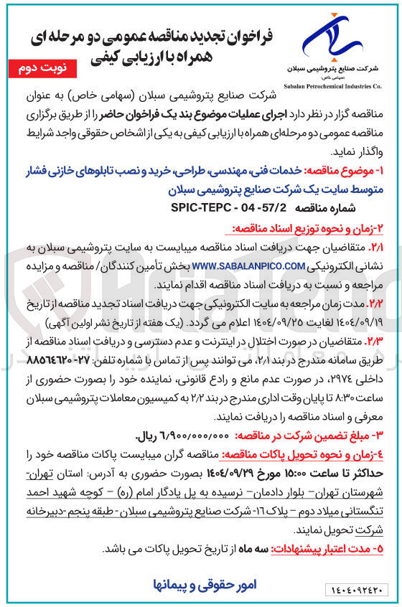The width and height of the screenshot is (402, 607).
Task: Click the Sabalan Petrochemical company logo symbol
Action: point(335,40)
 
